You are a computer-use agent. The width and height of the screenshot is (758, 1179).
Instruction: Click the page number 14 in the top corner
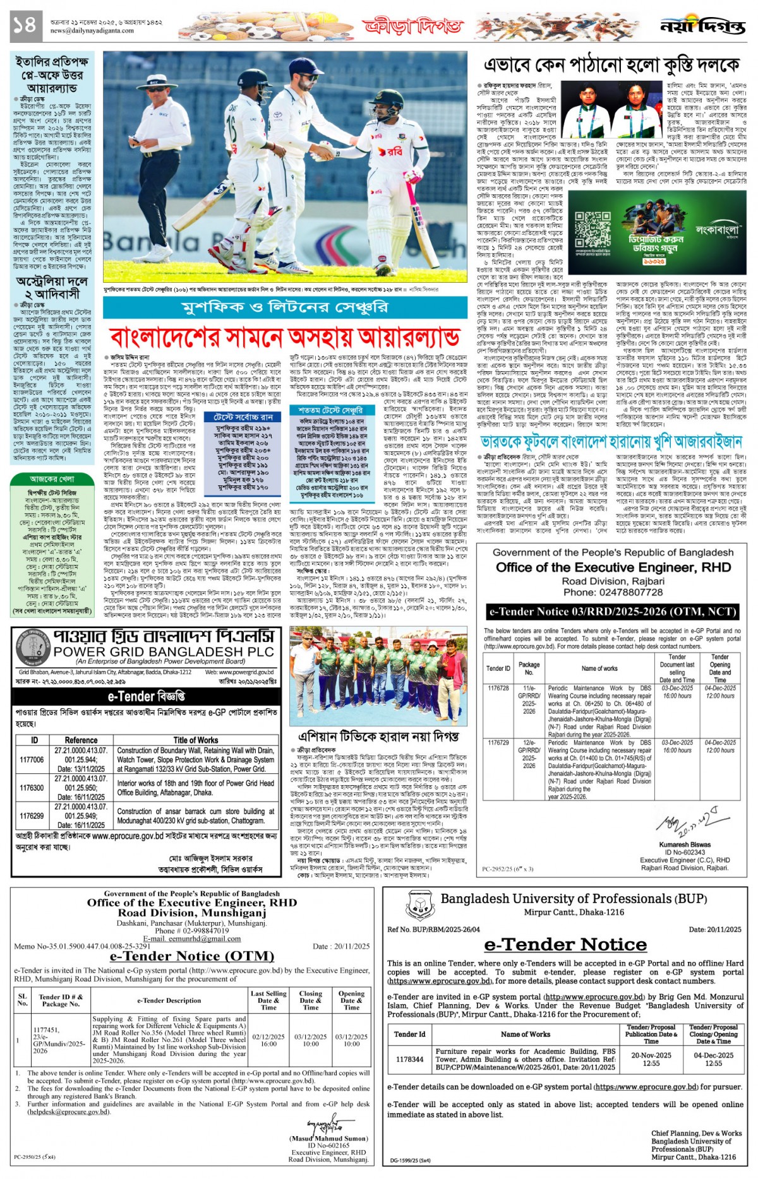tap(26, 27)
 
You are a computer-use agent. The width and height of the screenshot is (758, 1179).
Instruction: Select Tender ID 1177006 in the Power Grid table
tap(32, 760)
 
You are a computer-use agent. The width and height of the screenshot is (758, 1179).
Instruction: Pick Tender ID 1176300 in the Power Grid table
tap(32, 788)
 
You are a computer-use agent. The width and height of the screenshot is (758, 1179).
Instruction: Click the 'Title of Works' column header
tap(196, 740)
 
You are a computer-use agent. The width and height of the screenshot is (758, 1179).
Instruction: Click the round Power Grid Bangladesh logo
tap(32, 647)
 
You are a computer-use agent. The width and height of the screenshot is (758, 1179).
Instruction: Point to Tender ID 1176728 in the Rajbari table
tap(498, 688)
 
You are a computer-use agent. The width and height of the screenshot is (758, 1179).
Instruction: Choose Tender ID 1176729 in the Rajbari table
tap(498, 743)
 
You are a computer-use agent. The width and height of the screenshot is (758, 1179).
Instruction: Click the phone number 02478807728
tap(613, 592)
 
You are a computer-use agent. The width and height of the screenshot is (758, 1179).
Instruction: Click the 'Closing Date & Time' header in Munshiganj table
tap(311, 1000)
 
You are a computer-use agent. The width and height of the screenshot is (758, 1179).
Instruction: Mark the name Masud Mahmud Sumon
tap(328, 1139)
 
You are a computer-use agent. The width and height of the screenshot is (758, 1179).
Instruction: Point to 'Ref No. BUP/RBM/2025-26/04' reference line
tap(433, 929)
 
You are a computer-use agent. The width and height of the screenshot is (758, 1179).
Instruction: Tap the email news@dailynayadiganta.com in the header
tap(92, 30)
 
